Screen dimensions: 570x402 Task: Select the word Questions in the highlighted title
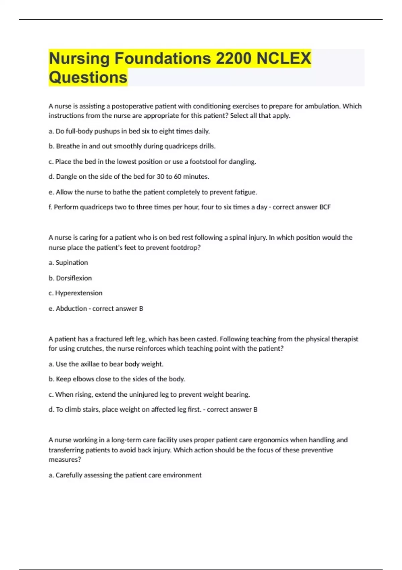pos(88,77)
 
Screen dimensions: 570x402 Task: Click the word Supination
pos(72,263)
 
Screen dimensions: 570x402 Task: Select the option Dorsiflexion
pos(74,278)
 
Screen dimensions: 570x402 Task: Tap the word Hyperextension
pos(79,293)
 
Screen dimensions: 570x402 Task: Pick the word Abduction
pos(71,308)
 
